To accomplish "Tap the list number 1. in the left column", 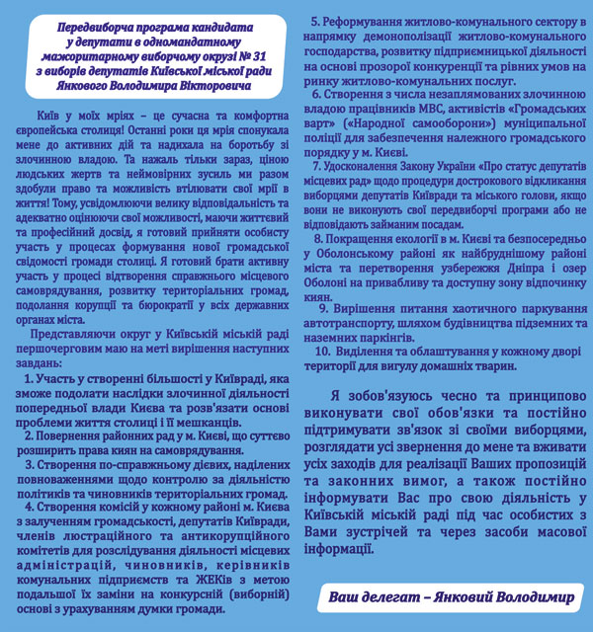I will [31, 380].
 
